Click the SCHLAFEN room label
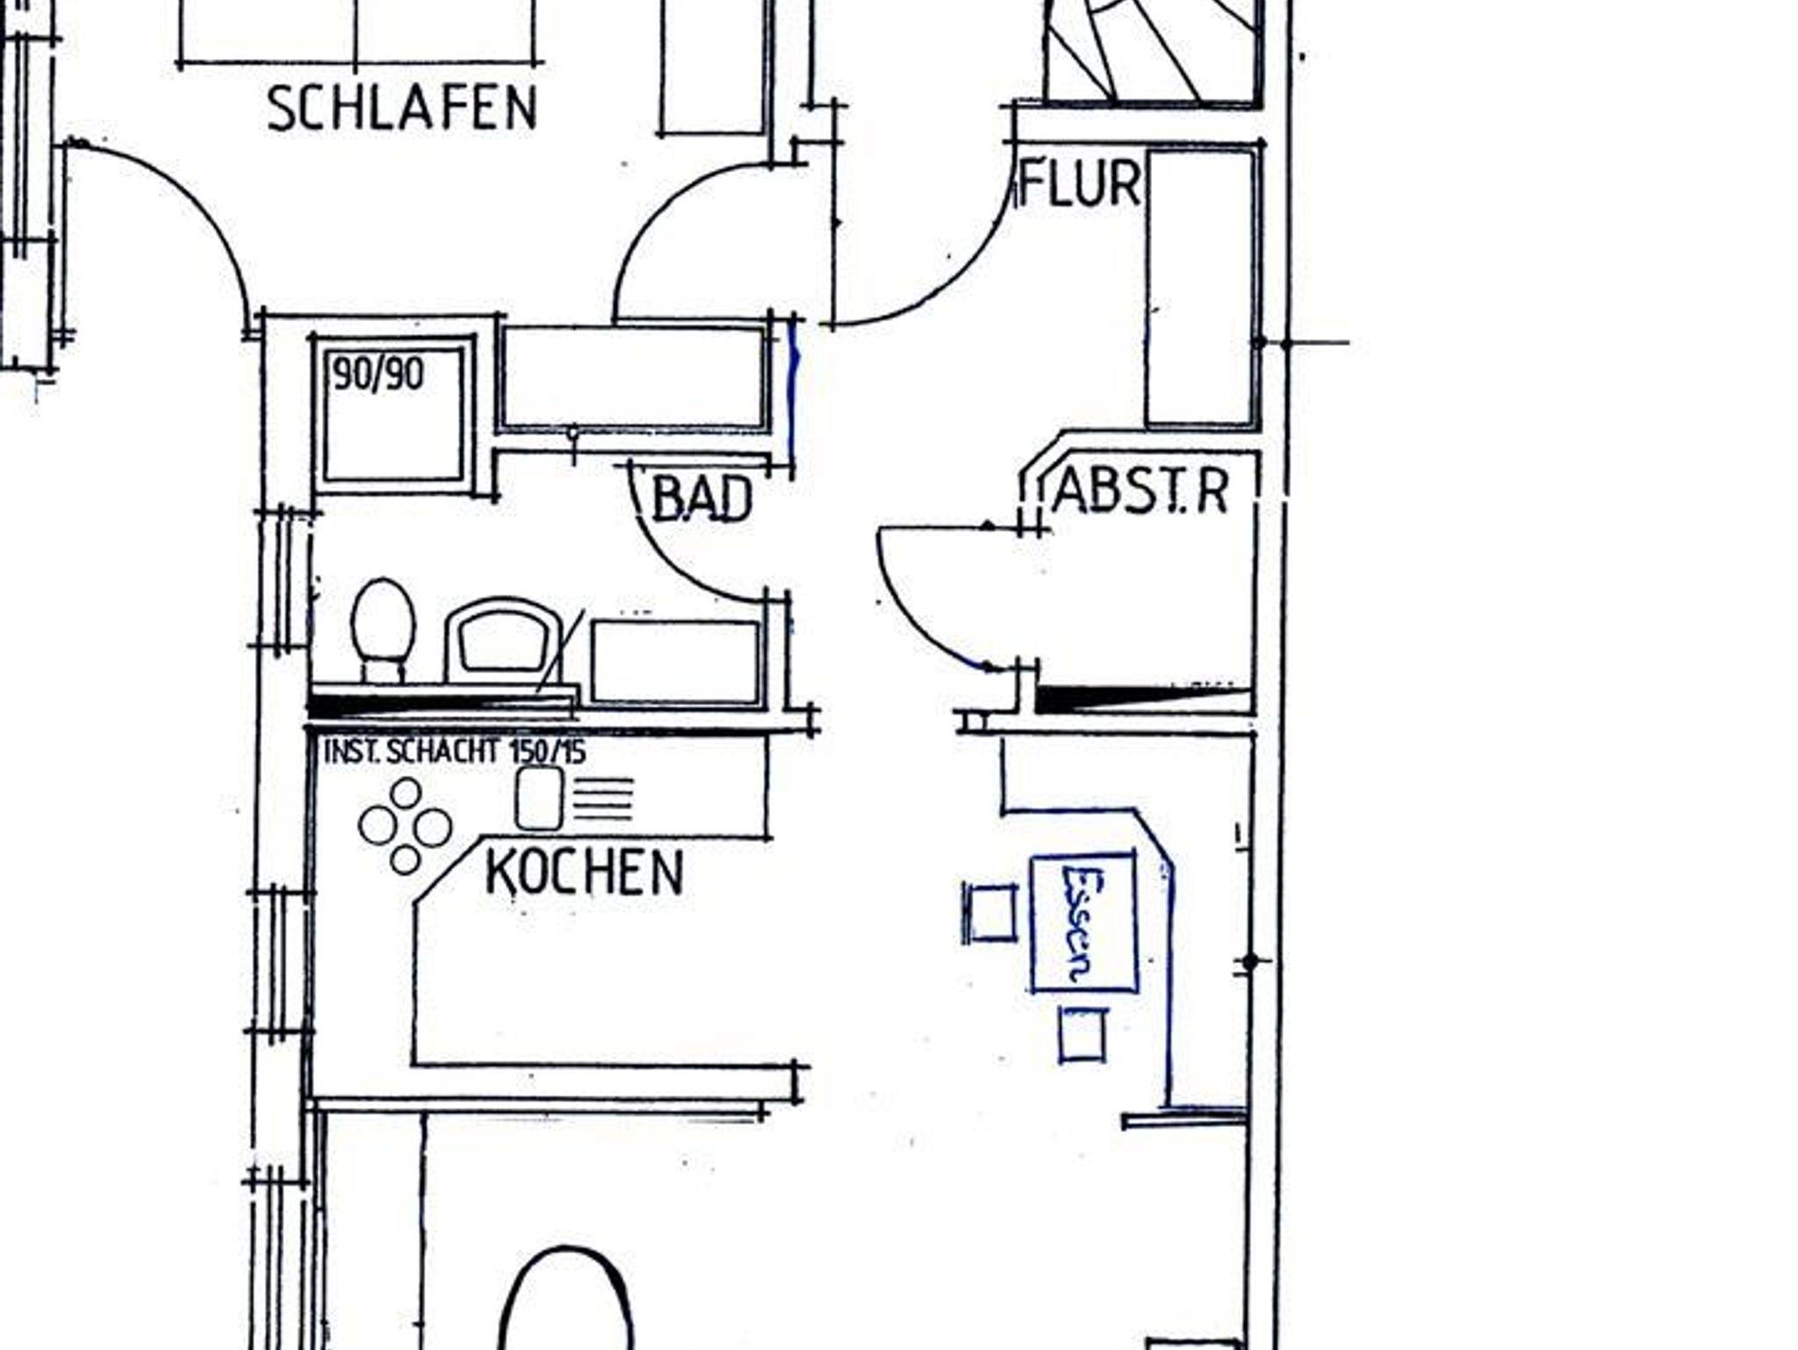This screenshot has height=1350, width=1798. tap(401, 109)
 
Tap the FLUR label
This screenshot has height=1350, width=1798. tap(1080, 184)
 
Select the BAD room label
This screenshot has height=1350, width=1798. tap(702, 499)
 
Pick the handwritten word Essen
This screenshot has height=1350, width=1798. tap(1079, 923)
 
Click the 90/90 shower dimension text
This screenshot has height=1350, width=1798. tap(378, 375)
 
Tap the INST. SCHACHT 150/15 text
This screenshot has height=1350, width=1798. tap(455, 751)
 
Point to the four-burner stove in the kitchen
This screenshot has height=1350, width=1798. tap(405, 826)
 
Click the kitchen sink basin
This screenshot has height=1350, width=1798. tap(538, 798)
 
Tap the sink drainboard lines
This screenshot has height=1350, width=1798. tap(603, 798)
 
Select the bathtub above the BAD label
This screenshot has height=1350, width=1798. tap(633, 378)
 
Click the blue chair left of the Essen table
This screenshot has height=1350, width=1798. tap(989, 913)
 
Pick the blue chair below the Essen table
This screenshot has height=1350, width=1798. tap(1082, 1035)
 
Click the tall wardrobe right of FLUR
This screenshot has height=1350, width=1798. tap(1201, 288)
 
